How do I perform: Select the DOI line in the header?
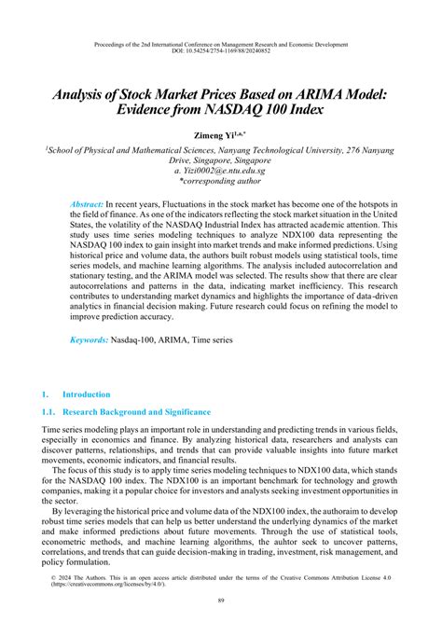221,52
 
